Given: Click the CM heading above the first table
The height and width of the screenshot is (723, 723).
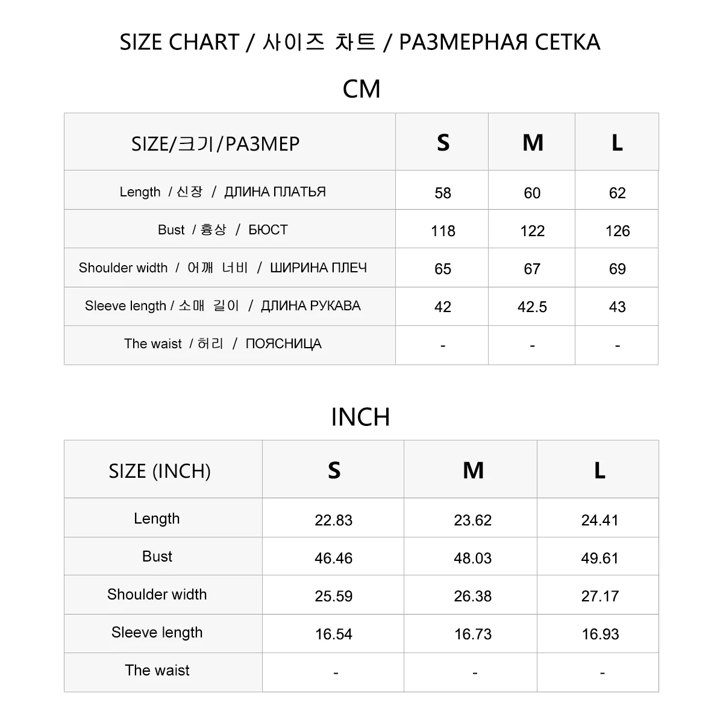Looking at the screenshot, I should [x=361, y=89].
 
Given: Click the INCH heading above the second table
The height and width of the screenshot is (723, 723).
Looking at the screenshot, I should [x=360, y=417].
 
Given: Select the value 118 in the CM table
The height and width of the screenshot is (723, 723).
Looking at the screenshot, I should [x=443, y=231].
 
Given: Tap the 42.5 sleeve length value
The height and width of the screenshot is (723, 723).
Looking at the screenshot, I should [x=532, y=307].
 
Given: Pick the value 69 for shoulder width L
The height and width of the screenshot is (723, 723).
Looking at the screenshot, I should [x=617, y=269].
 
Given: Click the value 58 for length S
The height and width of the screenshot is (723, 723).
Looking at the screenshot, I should [x=443, y=193].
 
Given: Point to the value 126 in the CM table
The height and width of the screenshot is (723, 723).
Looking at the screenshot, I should [x=617, y=231].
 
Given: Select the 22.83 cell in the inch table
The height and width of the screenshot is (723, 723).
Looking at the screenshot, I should [x=333, y=520].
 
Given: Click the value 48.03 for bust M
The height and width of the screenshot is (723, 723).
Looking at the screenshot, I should [x=472, y=558].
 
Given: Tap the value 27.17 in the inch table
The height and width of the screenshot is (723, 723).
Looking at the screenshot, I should [x=599, y=596].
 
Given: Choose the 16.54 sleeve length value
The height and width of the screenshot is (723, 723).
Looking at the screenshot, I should [x=333, y=634].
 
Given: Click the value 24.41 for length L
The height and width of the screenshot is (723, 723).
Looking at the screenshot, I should [x=599, y=520].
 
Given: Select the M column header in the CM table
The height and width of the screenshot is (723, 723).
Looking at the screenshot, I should [x=533, y=143].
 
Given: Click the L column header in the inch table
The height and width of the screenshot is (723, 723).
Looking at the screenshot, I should [x=599, y=471].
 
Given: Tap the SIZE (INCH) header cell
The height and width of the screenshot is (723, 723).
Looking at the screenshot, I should [x=160, y=471].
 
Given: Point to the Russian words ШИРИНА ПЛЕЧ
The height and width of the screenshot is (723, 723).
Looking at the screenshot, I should [x=318, y=268].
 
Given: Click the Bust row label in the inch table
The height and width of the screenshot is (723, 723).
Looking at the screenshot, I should [x=157, y=556].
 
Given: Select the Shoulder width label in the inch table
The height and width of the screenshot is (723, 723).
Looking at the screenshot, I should [x=157, y=594].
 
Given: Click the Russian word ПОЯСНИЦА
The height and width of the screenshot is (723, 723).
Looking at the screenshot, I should [x=283, y=343].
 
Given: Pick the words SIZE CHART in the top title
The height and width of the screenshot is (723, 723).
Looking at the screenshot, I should [x=179, y=42].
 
